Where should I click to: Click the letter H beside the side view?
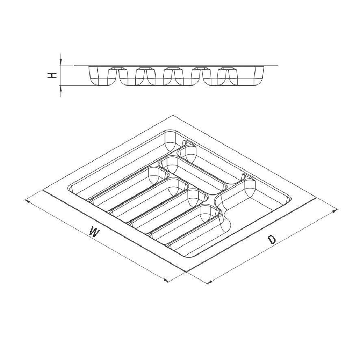pos(52,75)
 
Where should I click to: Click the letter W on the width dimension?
pos(94,232)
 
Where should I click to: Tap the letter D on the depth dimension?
pos(271,240)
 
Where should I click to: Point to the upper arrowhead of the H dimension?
pos(61,61)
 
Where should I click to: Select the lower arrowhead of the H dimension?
pos(61,89)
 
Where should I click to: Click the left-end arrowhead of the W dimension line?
pos(27,202)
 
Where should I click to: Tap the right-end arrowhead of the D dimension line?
pos(335,210)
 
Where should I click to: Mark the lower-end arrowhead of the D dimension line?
pos(210,282)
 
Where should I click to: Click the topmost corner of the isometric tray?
pos(173,115)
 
